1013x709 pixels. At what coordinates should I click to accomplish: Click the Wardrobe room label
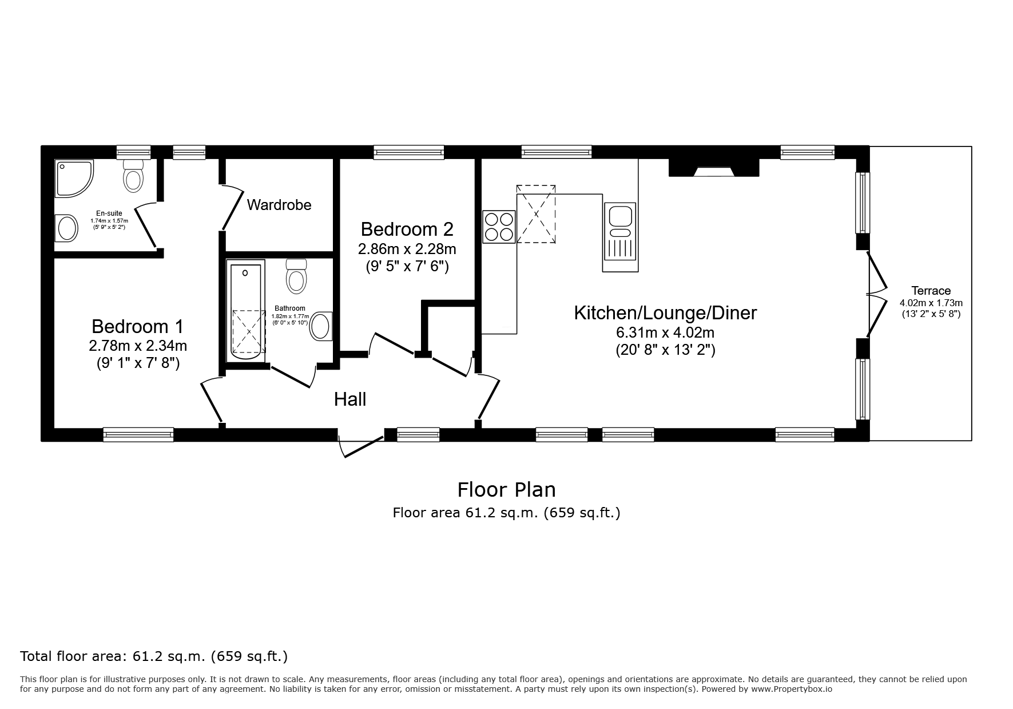pyautogui.click(x=279, y=205)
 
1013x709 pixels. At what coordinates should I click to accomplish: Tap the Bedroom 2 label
pyautogui.click(x=407, y=229)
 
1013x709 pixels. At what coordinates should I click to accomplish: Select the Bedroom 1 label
pyautogui.click(x=138, y=327)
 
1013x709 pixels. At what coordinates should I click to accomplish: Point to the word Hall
pyautogui.click(x=350, y=399)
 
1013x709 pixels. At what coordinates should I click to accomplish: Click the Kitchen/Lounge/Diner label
pyautogui.click(x=665, y=313)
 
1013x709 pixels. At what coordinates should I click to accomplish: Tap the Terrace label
pyautogui.click(x=931, y=291)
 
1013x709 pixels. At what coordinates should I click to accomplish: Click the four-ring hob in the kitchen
pyautogui.click(x=499, y=227)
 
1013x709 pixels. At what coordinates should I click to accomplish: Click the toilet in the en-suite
pyautogui.click(x=133, y=176)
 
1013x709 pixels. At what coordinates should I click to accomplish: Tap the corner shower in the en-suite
pyautogui.click(x=74, y=178)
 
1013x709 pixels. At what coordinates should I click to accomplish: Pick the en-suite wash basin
pyautogui.click(x=66, y=228)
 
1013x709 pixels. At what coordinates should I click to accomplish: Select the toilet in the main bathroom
pyautogui.click(x=296, y=276)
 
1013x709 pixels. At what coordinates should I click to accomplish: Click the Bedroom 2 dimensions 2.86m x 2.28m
pyautogui.click(x=407, y=249)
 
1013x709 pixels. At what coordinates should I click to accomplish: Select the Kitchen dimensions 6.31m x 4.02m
pyautogui.click(x=665, y=332)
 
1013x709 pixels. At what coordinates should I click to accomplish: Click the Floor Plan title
pyautogui.click(x=506, y=490)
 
